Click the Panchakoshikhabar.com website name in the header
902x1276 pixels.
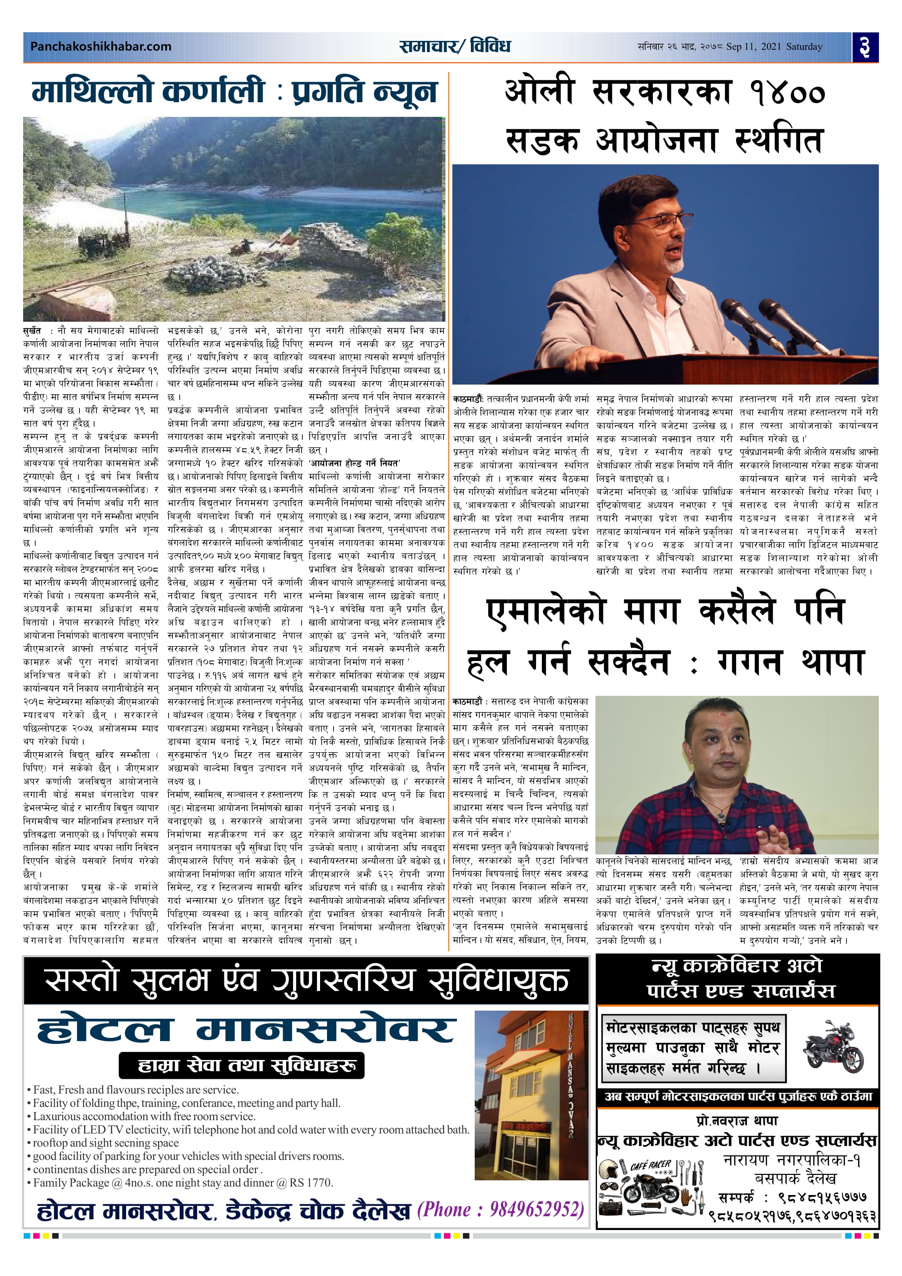tap(101, 47)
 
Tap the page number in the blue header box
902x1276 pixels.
tap(865, 47)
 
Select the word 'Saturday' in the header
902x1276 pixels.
tap(804, 47)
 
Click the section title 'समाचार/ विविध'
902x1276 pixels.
tap(455, 46)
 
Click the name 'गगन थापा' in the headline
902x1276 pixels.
tap(790, 662)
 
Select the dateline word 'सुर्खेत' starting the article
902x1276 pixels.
tap(33, 331)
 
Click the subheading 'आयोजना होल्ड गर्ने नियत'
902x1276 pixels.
tap(354, 463)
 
